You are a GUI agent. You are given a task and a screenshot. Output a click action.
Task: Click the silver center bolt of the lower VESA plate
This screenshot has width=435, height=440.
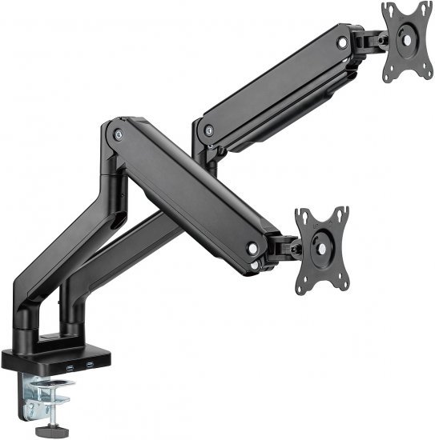pyautogui.click(x=322, y=248)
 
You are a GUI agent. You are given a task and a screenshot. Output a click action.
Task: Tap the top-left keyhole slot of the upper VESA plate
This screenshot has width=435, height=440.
pyautogui.click(x=389, y=10)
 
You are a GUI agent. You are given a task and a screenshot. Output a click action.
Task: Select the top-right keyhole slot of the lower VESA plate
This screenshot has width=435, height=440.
pyautogui.click(x=342, y=211)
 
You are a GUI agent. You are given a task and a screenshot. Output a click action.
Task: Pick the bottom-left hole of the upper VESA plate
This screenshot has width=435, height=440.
pyautogui.click(x=392, y=74)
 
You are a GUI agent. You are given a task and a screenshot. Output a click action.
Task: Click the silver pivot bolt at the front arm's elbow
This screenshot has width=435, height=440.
pyautogui.click(x=119, y=135)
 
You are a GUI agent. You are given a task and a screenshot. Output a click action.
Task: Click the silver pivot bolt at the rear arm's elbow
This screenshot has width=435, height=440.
pyautogui.click(x=207, y=130)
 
